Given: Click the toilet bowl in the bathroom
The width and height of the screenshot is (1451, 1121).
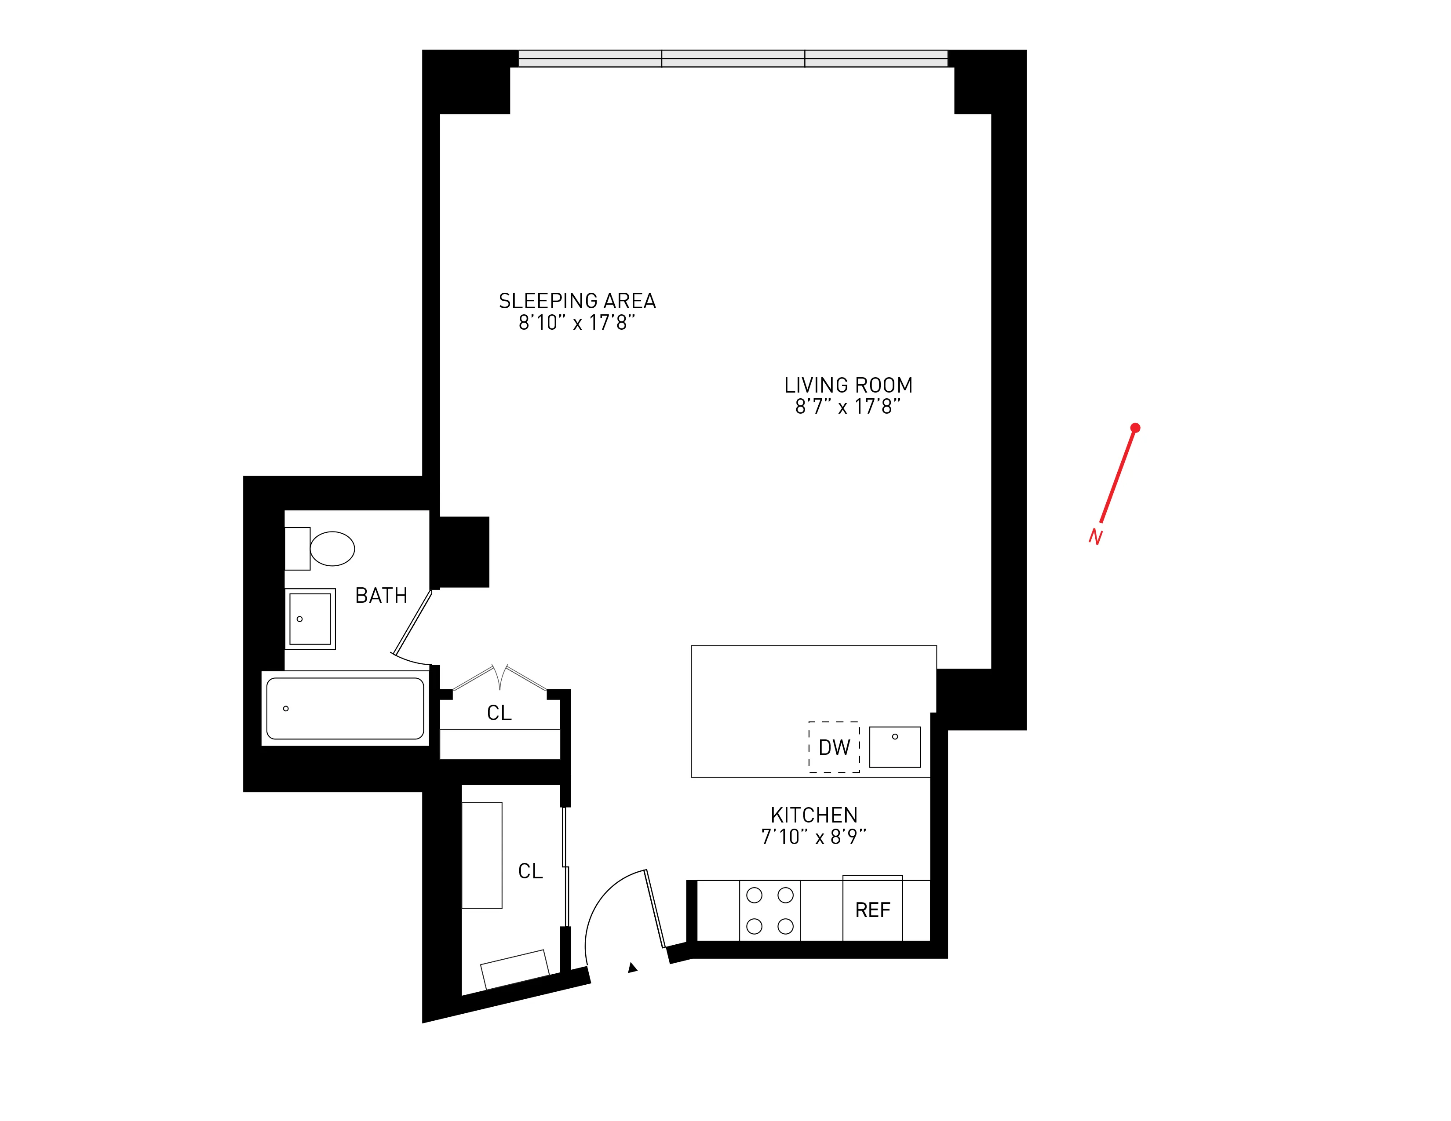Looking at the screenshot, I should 332,549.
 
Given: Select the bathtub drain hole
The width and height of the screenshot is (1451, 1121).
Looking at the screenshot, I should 286,709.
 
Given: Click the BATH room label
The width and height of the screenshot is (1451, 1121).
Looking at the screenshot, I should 381,596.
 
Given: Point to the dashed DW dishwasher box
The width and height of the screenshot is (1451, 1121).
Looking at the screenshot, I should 834,747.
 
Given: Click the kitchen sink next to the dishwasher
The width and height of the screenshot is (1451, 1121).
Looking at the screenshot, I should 894,747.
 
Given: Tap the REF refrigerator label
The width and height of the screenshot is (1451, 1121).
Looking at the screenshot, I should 872,910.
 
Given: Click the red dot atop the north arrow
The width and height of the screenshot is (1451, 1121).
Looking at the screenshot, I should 1135,428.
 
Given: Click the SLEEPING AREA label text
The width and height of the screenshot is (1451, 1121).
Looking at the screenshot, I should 577,301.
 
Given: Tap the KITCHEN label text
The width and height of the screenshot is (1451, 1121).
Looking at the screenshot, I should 814,815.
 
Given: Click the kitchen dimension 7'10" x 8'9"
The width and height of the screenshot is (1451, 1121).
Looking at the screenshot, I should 814,837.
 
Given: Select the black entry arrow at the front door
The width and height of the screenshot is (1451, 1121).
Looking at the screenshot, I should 632,968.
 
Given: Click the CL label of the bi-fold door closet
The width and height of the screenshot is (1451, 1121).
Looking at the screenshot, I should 499,713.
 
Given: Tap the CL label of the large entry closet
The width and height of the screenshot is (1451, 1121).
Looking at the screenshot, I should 530,870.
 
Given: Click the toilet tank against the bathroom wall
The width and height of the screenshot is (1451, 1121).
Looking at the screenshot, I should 297,549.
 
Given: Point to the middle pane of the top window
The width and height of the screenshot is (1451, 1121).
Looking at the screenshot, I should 733,58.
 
